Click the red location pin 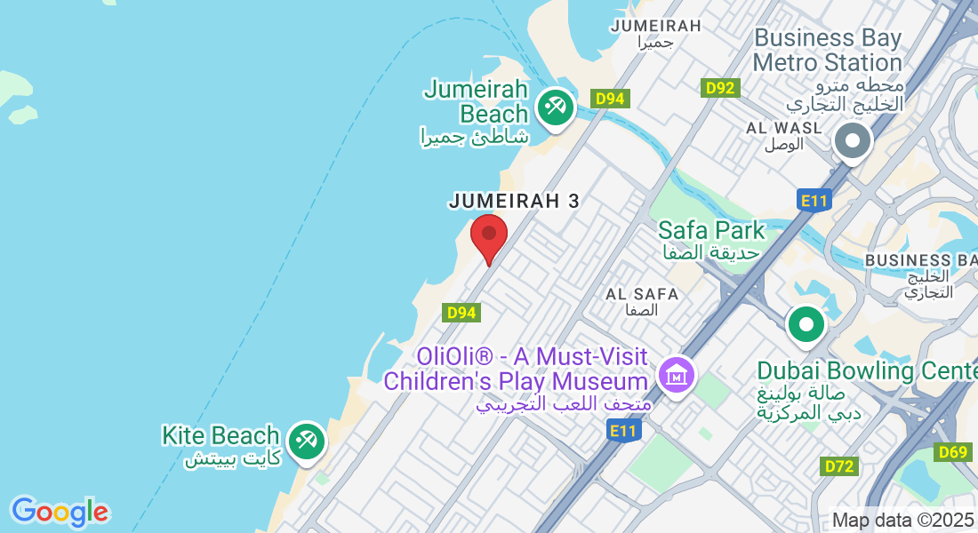tap(488, 235)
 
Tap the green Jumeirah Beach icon tap(557, 108)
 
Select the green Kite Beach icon tap(306, 442)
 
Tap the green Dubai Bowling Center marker tap(806, 324)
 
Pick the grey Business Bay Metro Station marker tap(853, 140)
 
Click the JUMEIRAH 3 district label tap(514, 202)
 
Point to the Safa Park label tap(711, 231)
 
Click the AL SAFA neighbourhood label tap(642, 294)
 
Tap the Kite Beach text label tap(220, 436)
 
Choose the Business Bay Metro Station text tap(827, 51)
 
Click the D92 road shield tap(719, 88)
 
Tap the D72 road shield tap(839, 465)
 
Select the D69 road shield tap(953, 453)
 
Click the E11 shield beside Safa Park tap(814, 201)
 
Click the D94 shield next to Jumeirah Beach tap(610, 99)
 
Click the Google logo tap(60, 512)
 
